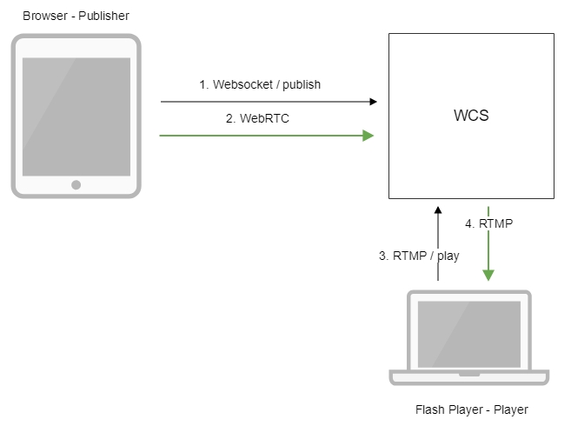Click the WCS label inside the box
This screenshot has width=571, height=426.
point(471,115)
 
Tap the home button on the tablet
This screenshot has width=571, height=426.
point(76,184)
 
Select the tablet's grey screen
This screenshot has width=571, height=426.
point(76,116)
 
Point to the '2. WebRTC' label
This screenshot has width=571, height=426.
point(257,118)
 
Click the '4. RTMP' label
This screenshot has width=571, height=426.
point(489,223)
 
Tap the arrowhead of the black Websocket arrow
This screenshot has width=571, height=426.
point(374,102)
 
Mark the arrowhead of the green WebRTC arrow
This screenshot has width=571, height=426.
point(369,136)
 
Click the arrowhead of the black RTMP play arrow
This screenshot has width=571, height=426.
point(438,210)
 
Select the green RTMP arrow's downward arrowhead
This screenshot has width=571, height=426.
point(489,275)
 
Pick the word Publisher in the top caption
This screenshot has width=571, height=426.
point(103,17)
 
